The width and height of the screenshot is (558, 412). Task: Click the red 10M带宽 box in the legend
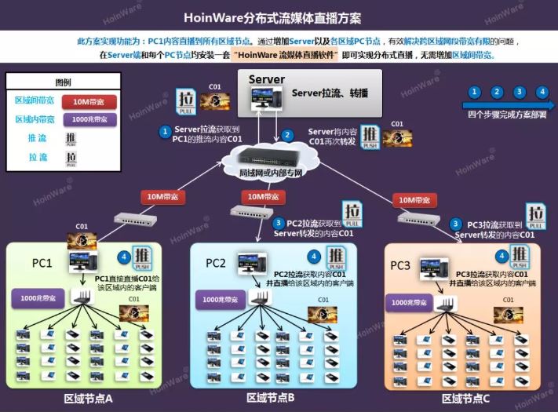coord(89,101)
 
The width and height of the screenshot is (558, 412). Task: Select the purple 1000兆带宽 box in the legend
coord(89,120)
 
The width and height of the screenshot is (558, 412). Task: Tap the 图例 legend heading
coord(63,82)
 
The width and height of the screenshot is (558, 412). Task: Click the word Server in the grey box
coord(267,79)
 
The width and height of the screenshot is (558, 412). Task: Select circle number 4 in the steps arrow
coord(542,92)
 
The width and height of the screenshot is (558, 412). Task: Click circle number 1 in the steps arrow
coord(473,92)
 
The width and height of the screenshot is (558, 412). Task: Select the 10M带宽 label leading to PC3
coord(416,200)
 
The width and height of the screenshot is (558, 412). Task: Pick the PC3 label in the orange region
coord(400,266)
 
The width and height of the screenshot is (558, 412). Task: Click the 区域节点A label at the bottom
coord(89,398)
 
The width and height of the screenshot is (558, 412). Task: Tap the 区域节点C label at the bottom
coord(465,399)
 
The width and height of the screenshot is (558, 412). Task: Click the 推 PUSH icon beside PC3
coord(520,256)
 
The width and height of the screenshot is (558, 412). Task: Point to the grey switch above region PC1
coord(127,219)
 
